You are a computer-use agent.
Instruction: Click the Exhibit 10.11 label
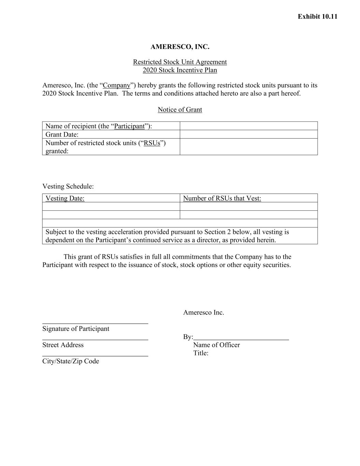coord(317,16)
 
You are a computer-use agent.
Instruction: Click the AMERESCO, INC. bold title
coord(180,47)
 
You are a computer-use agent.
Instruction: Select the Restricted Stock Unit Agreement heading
coord(180,62)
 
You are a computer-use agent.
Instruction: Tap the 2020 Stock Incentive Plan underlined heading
coord(180,70)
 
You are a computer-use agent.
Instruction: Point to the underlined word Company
coord(117,85)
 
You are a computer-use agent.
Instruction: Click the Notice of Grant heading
coord(180,110)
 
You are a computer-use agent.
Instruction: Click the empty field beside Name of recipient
coord(248,126)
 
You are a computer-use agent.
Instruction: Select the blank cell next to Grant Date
coord(248,135)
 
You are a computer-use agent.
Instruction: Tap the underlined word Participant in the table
coord(129,126)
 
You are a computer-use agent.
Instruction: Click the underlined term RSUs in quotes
coord(152,143)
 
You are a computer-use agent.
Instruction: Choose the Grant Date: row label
coord(62,135)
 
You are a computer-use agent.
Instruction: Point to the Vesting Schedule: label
coord(68,186)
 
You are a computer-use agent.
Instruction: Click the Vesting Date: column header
coord(65,198)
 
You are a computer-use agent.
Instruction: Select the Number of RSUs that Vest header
coord(222,198)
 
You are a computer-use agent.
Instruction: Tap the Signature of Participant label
coord(76,329)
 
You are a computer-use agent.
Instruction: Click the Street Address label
coord(63,345)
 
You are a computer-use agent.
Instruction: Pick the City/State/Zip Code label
coord(71,361)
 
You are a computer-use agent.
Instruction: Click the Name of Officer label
coord(216,345)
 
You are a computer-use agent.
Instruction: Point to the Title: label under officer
coord(201,353)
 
